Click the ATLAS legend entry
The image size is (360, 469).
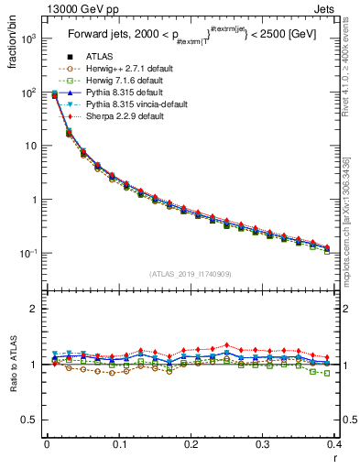pyautogui.click(x=97, y=57)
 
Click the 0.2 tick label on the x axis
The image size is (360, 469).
pyautogui.click(x=191, y=445)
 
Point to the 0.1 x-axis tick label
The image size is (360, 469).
pyautogui.click(x=118, y=445)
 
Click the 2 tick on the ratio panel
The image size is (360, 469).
pyautogui.click(x=35, y=309)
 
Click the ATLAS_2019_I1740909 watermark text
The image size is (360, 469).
pyautogui.click(x=191, y=273)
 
